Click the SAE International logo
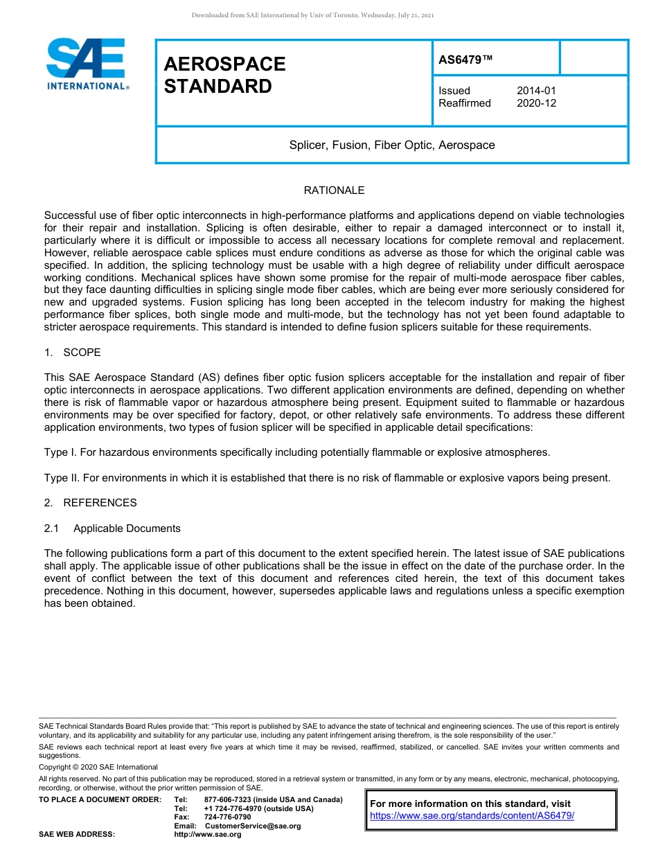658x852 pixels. (x=86, y=64)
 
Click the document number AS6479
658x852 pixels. (x=465, y=60)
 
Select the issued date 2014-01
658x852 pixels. (x=536, y=91)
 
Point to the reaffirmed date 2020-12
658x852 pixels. (x=536, y=103)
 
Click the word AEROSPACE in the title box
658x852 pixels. (x=224, y=64)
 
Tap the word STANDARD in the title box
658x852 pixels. (x=217, y=87)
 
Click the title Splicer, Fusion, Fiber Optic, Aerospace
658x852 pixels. (x=392, y=145)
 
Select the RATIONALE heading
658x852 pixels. (x=334, y=190)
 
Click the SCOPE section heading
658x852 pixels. (x=82, y=353)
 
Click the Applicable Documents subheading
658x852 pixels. (x=127, y=529)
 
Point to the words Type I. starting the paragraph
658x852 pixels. (x=60, y=452)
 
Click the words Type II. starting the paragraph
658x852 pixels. (x=62, y=478)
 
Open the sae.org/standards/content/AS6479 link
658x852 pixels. (x=472, y=815)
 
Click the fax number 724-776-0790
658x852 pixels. (x=227, y=817)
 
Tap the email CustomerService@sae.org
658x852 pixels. (x=253, y=826)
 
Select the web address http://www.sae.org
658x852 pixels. (x=208, y=835)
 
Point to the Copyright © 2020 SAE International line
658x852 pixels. (x=98, y=767)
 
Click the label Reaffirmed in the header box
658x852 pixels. (x=464, y=103)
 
